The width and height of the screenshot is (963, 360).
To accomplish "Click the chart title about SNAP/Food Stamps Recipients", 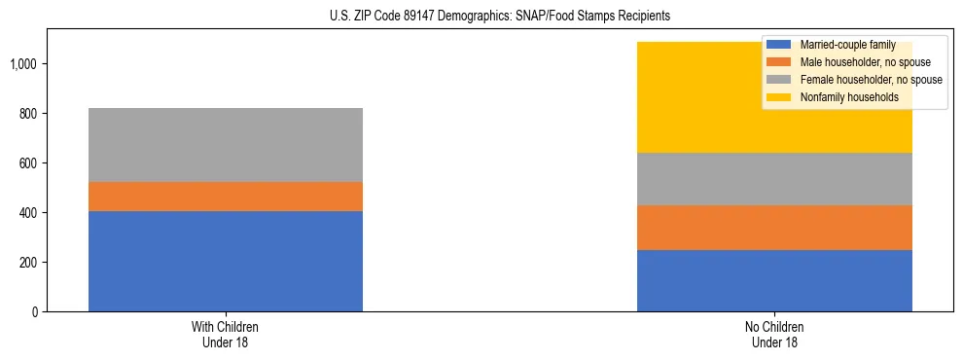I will click(x=482, y=17).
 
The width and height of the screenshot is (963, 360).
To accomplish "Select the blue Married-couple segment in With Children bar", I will click(x=225, y=261).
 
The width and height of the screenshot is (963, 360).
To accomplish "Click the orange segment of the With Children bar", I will click(x=225, y=197).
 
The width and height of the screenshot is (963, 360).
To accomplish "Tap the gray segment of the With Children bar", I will click(x=225, y=145).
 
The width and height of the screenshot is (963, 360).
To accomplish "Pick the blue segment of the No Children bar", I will click(x=774, y=280).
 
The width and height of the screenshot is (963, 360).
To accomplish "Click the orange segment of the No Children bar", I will click(x=774, y=228).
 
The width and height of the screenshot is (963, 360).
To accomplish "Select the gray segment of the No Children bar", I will click(x=774, y=179).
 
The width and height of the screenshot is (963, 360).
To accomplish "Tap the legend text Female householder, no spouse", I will click(x=871, y=79).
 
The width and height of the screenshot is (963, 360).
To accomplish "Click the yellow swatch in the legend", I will click(x=779, y=96).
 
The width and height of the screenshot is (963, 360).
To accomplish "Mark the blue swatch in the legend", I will click(x=779, y=45).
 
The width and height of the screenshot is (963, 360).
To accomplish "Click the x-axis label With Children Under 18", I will click(x=225, y=335).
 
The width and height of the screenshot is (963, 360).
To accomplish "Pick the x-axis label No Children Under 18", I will click(x=774, y=335).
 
